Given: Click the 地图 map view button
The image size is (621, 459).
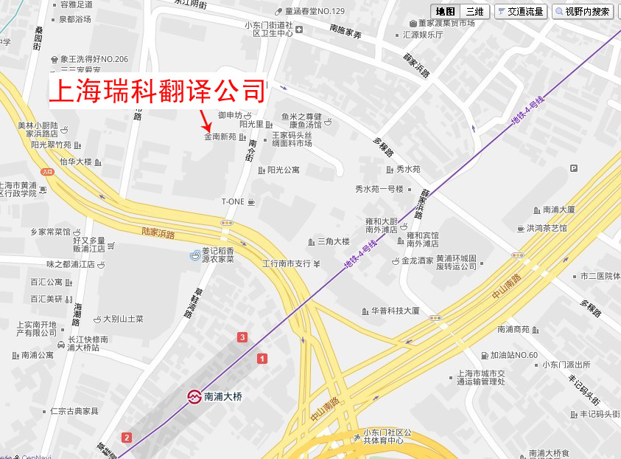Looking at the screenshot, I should pos(446,12).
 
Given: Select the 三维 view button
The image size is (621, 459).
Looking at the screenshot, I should pos(475,12).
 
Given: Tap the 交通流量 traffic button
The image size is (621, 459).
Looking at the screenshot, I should pos(520,12).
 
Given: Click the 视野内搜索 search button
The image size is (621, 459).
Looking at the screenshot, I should pos(583,12).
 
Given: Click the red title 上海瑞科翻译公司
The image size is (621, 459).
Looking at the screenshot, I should pos(157,91).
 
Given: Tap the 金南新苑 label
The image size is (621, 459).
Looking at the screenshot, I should pos(220,137).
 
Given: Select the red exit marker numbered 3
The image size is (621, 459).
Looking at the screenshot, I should pos(242,337).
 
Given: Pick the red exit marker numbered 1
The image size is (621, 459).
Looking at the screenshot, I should pos(262,358).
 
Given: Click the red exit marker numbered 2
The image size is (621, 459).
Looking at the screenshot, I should pos(127,438).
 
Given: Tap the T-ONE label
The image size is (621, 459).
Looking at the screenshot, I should pos(233,201).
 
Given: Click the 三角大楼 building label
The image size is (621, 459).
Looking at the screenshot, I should pos(333,241).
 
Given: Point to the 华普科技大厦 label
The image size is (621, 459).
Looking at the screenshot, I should pos(396,311).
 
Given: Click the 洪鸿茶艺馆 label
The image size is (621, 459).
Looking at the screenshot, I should pos(547,228).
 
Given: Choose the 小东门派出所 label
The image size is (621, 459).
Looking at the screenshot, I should pos(566,365).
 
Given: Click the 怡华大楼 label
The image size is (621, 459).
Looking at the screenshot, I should pos(76,162).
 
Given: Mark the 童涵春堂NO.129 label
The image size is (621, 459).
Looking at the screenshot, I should pos(309,12).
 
